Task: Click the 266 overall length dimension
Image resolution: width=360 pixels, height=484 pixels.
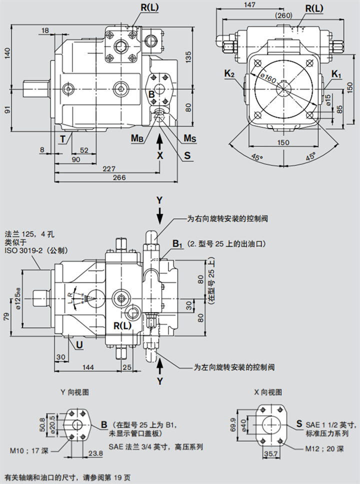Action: point(119,178)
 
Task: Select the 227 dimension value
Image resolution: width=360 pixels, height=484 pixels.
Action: point(108,169)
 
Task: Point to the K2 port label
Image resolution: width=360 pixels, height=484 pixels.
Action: point(229,74)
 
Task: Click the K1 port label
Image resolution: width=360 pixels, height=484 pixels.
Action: point(336,74)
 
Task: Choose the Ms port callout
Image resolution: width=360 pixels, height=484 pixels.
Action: point(189,137)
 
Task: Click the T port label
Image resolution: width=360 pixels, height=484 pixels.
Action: point(62,138)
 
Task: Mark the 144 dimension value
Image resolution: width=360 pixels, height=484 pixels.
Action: point(87,367)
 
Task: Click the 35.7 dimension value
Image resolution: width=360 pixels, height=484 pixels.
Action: point(270,454)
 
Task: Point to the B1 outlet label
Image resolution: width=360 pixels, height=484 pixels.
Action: point(178,243)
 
